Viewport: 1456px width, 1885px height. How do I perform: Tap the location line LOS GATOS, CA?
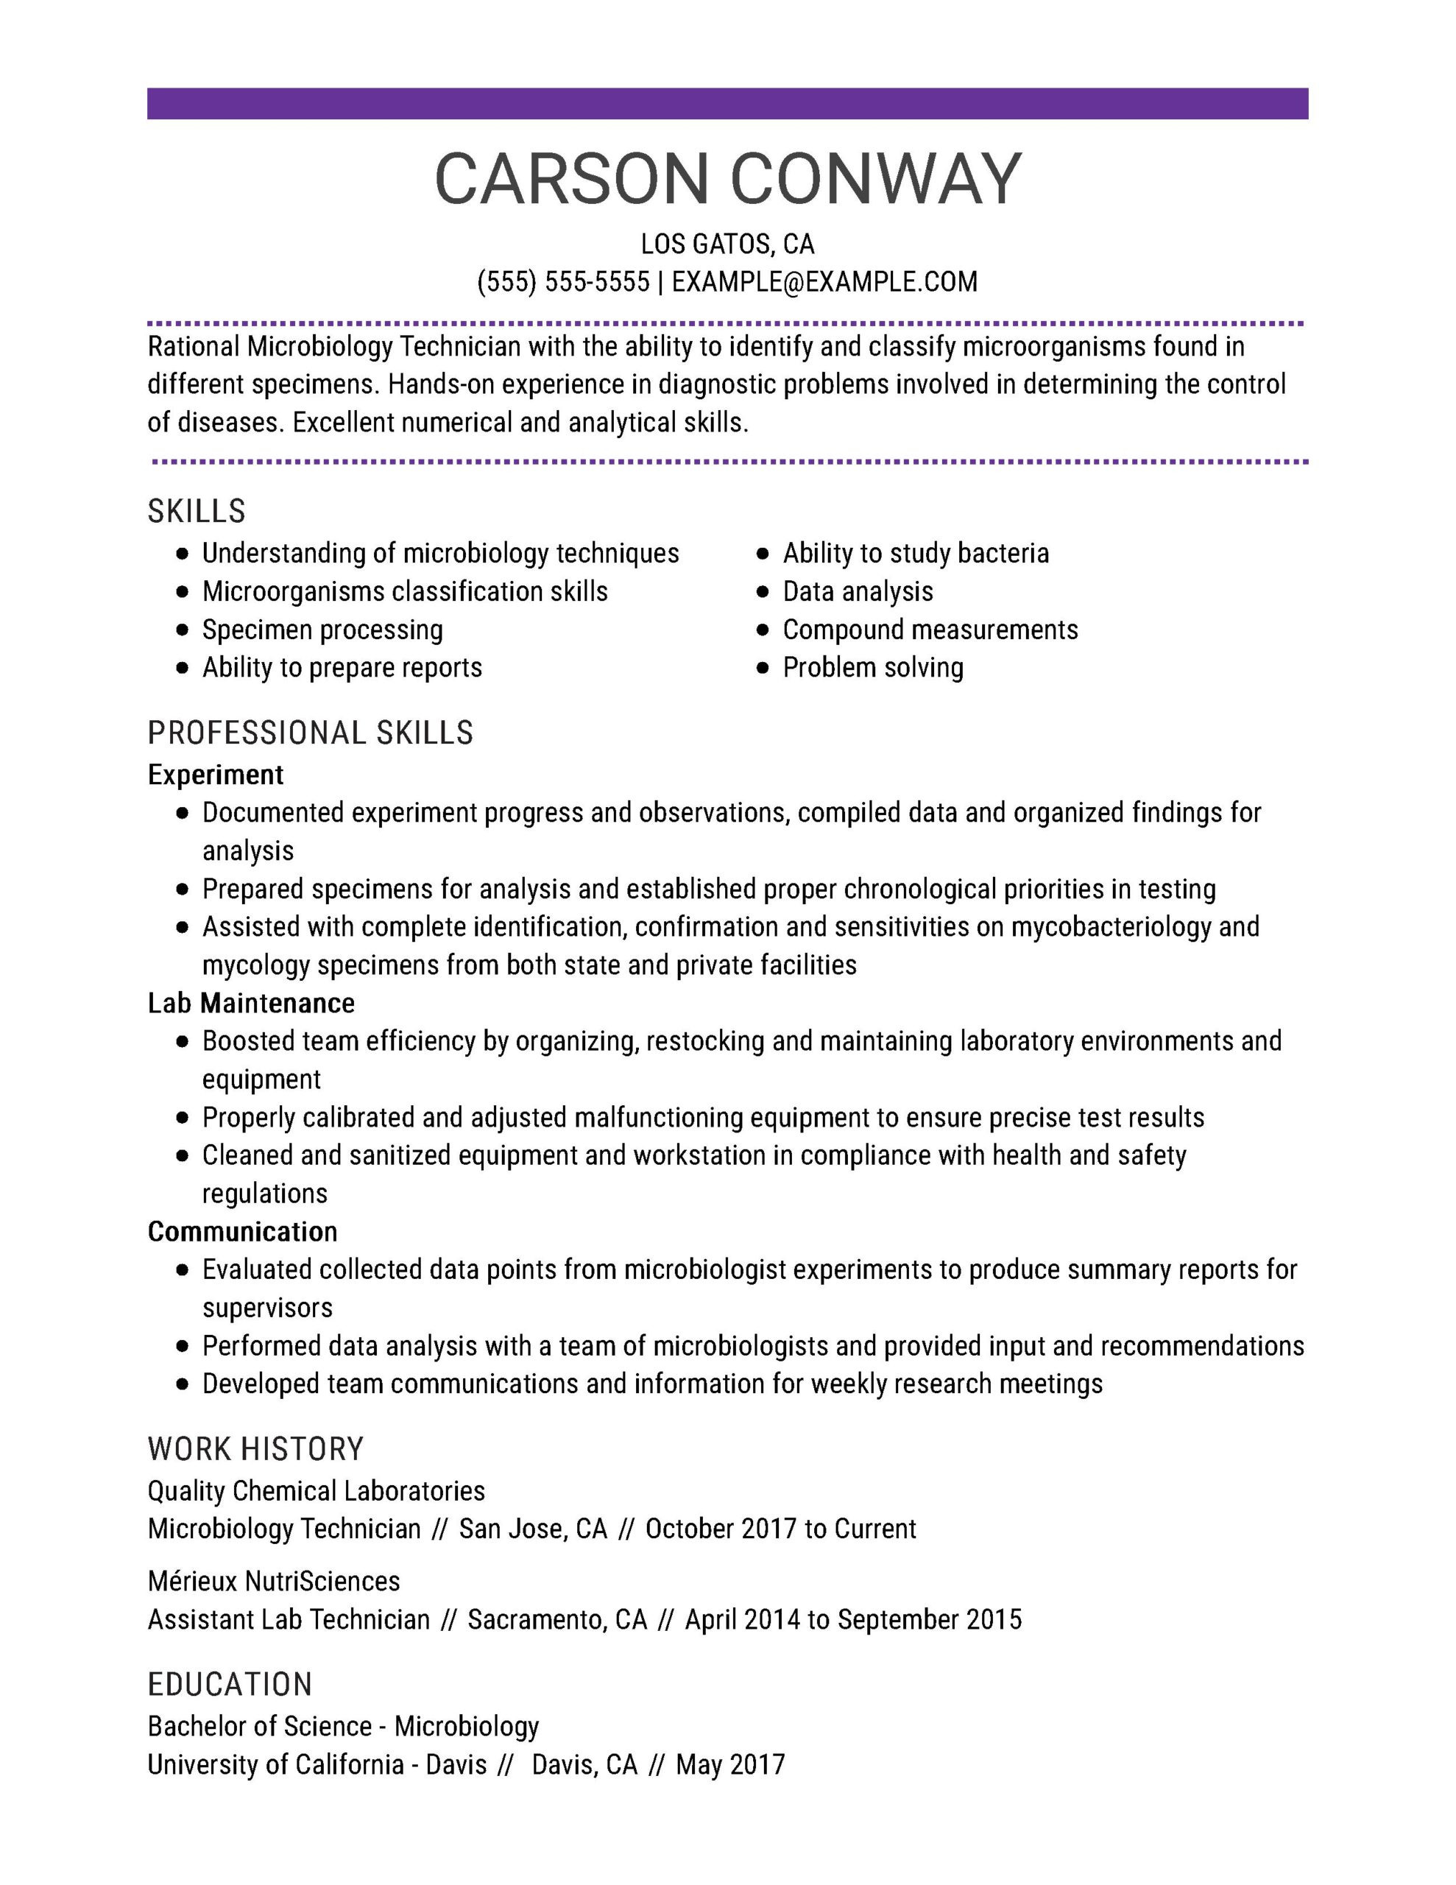coord(727,244)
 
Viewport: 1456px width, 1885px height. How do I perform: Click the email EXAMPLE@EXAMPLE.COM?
coord(824,281)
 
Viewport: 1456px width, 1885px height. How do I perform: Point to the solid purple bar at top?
coord(727,104)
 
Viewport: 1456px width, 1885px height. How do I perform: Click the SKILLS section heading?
coord(196,511)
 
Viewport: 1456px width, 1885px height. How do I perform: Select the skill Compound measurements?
coord(930,630)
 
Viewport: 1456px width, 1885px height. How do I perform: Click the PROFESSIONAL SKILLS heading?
coord(310,733)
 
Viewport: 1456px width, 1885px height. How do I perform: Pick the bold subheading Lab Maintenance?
coord(250,1003)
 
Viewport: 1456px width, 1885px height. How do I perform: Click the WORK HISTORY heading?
coord(255,1448)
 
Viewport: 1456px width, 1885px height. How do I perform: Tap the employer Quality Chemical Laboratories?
coord(316,1490)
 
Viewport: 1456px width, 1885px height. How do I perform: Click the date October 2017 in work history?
coord(721,1529)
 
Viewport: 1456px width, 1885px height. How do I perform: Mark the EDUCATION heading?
coord(230,1684)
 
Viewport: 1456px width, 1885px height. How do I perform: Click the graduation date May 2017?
coord(730,1764)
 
